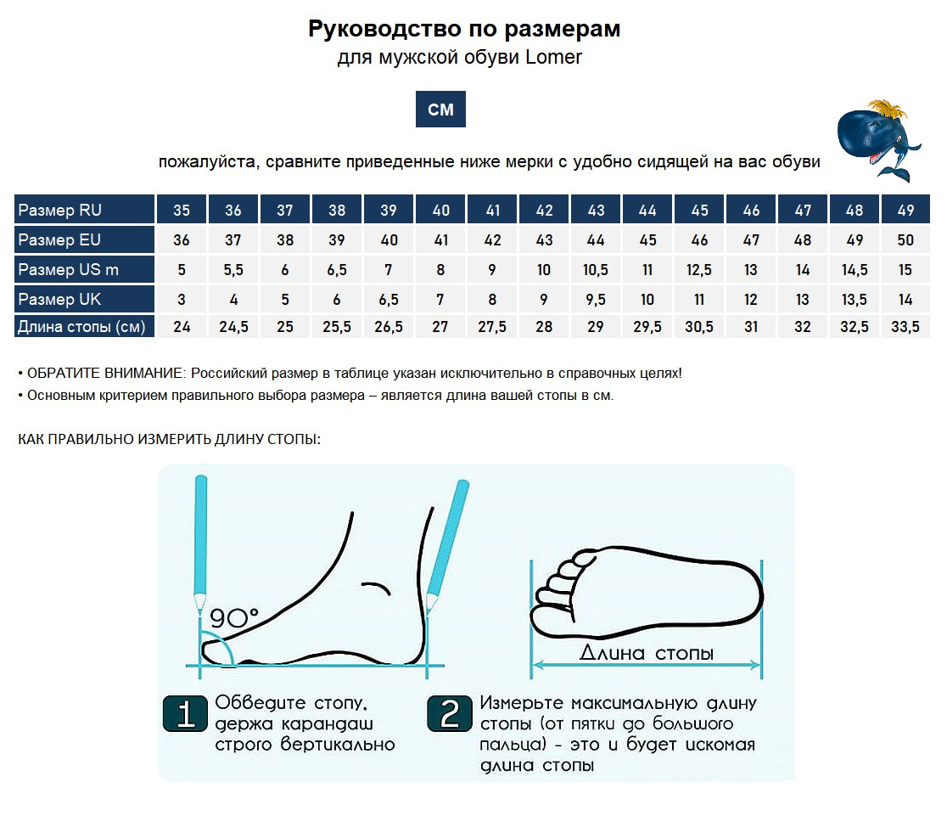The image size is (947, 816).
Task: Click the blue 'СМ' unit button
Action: [440, 110]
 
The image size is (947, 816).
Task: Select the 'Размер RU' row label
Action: [84, 210]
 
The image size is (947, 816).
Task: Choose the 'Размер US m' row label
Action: [84, 270]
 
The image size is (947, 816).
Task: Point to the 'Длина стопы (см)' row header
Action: [84, 326]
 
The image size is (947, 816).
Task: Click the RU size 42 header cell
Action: [544, 210]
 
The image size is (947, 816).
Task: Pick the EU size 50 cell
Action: [905, 240]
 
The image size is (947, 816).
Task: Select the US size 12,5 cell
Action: [699, 270]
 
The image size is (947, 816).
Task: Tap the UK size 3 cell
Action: [182, 299]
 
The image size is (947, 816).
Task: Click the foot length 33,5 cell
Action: [905, 326]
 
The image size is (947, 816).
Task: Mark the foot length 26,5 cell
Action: [389, 326]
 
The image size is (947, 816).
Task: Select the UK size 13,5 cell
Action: [855, 299]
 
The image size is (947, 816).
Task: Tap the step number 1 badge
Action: [184, 714]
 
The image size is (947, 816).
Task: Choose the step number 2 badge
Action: [450, 714]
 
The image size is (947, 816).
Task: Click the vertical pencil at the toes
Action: [200, 543]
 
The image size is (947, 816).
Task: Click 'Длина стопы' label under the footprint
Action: [647, 653]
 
